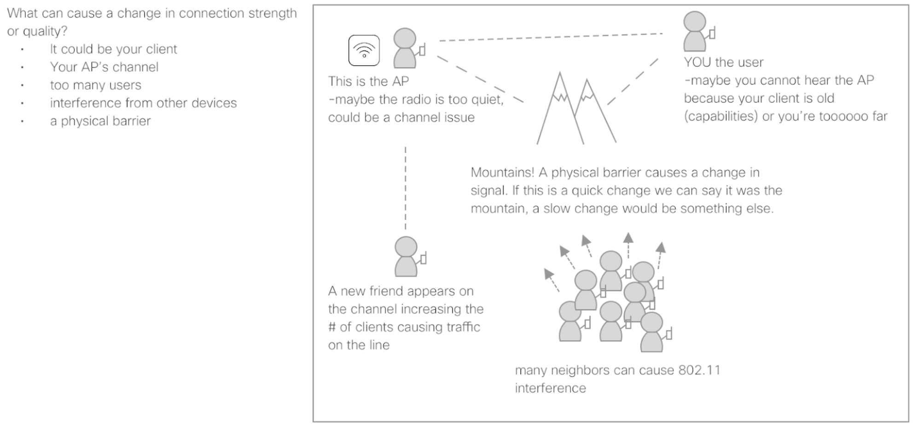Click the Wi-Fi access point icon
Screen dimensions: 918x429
pyautogui.click(x=364, y=50)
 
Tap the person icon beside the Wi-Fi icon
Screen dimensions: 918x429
pyautogui.click(x=405, y=48)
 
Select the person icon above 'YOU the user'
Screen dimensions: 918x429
pyautogui.click(x=695, y=31)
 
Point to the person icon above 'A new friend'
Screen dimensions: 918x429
pyautogui.click(x=406, y=256)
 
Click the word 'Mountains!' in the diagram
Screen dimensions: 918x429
pyautogui.click(x=502, y=173)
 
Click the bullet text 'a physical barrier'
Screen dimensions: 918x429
pyautogui.click(x=100, y=121)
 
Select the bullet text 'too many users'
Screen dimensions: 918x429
pyautogui.click(x=95, y=85)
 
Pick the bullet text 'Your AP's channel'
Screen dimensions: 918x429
pyautogui.click(x=104, y=67)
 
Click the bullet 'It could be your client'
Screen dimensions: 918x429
pyautogui.click(x=113, y=49)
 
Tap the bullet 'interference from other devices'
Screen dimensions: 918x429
pyautogui.click(x=143, y=103)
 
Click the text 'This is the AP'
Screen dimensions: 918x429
pyautogui.click(x=368, y=81)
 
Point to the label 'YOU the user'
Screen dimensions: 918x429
pyautogui.click(x=723, y=62)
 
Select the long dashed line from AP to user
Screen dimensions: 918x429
pyautogui.click(x=551, y=37)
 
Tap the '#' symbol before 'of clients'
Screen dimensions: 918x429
pyautogui.click(x=332, y=327)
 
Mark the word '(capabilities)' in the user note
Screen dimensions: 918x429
pyautogui.click(x=720, y=116)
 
